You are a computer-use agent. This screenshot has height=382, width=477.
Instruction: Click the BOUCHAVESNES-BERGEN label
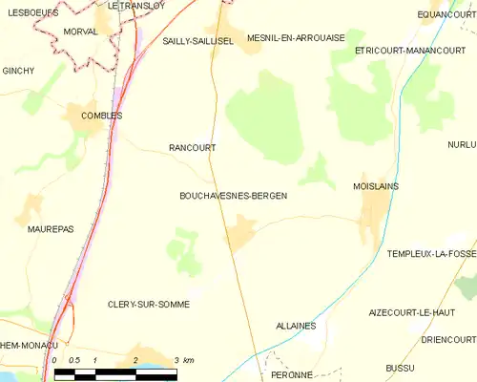point(233,196)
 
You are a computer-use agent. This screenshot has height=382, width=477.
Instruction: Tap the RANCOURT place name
point(192,148)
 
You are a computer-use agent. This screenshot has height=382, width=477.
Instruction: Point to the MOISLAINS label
point(375,186)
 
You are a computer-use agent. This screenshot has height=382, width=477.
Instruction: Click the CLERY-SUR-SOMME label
point(148,304)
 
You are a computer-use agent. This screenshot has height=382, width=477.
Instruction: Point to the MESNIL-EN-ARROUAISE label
point(295,38)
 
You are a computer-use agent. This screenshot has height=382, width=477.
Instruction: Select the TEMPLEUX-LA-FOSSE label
point(431,253)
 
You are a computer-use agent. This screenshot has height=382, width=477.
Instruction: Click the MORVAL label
point(52,32)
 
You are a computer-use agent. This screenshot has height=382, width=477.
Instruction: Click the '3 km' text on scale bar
point(183,360)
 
